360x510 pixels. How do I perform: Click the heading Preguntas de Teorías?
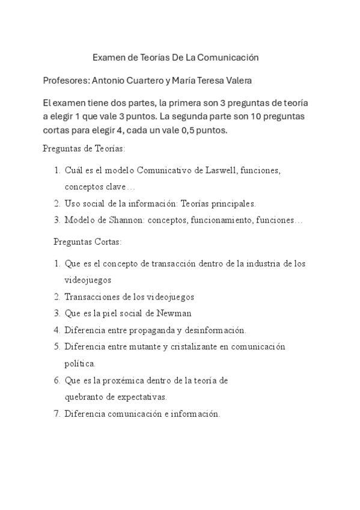point(84,147)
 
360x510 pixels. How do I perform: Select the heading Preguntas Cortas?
point(88,242)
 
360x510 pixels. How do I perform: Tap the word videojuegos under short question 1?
point(88,280)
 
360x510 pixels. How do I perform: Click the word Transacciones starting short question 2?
point(91,297)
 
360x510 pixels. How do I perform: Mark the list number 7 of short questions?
point(56,414)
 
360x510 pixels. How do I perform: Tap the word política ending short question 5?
point(79,364)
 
